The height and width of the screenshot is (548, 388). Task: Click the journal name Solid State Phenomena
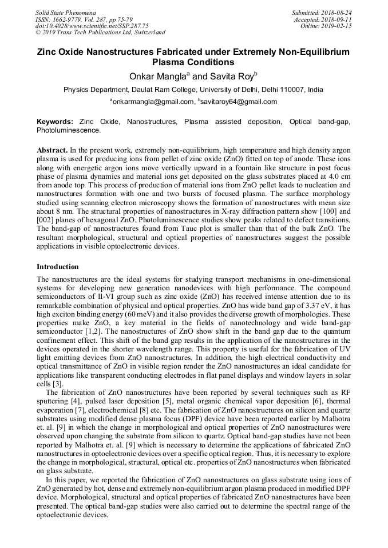(66, 13)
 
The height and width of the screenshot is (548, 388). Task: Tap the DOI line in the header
(92, 26)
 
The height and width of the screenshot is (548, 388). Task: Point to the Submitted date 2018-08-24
(335, 13)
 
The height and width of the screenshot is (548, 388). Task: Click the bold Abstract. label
(52, 149)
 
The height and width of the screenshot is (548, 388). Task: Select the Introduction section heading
(58, 267)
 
